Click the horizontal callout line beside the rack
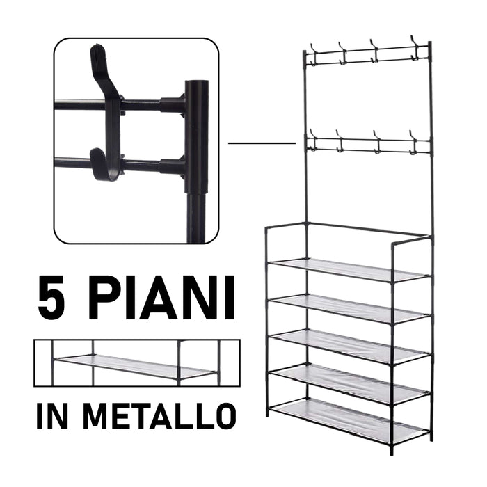tap(262, 143)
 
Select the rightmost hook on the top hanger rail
tap(415, 46)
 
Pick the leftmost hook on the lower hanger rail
tap(311, 141)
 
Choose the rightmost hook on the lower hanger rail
tap(414, 143)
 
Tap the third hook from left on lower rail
tap(376, 142)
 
